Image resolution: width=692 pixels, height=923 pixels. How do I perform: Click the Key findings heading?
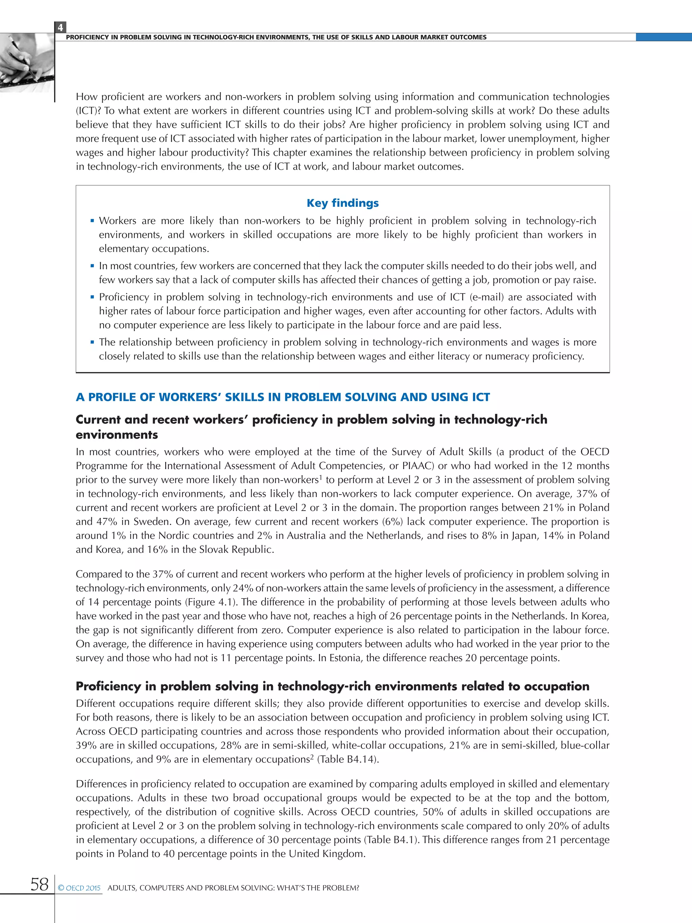(343, 203)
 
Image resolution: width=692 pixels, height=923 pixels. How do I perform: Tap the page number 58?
(39, 884)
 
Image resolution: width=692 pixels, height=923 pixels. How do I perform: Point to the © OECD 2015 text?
(79, 888)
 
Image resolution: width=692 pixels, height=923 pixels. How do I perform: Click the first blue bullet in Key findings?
(92, 221)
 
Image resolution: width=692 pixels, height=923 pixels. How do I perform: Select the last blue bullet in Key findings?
(92, 342)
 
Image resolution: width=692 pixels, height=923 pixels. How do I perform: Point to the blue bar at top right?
(663, 37)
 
